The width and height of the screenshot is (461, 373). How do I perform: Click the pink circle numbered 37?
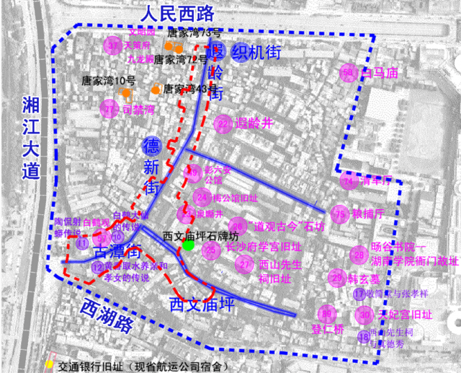pos(112,45)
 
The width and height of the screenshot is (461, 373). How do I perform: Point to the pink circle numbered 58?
pos(349,73)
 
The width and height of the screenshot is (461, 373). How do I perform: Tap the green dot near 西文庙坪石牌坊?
pos(188,246)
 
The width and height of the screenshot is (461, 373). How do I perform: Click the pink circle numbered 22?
pos(224,124)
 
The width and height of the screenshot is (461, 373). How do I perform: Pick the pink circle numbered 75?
pos(340,214)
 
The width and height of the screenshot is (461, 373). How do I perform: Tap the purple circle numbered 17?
pos(359,294)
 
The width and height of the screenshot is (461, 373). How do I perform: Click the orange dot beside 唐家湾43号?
pos(155,89)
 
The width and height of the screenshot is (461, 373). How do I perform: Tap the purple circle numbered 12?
pos(97,267)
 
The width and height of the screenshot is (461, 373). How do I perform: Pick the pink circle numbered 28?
pos(358,254)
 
